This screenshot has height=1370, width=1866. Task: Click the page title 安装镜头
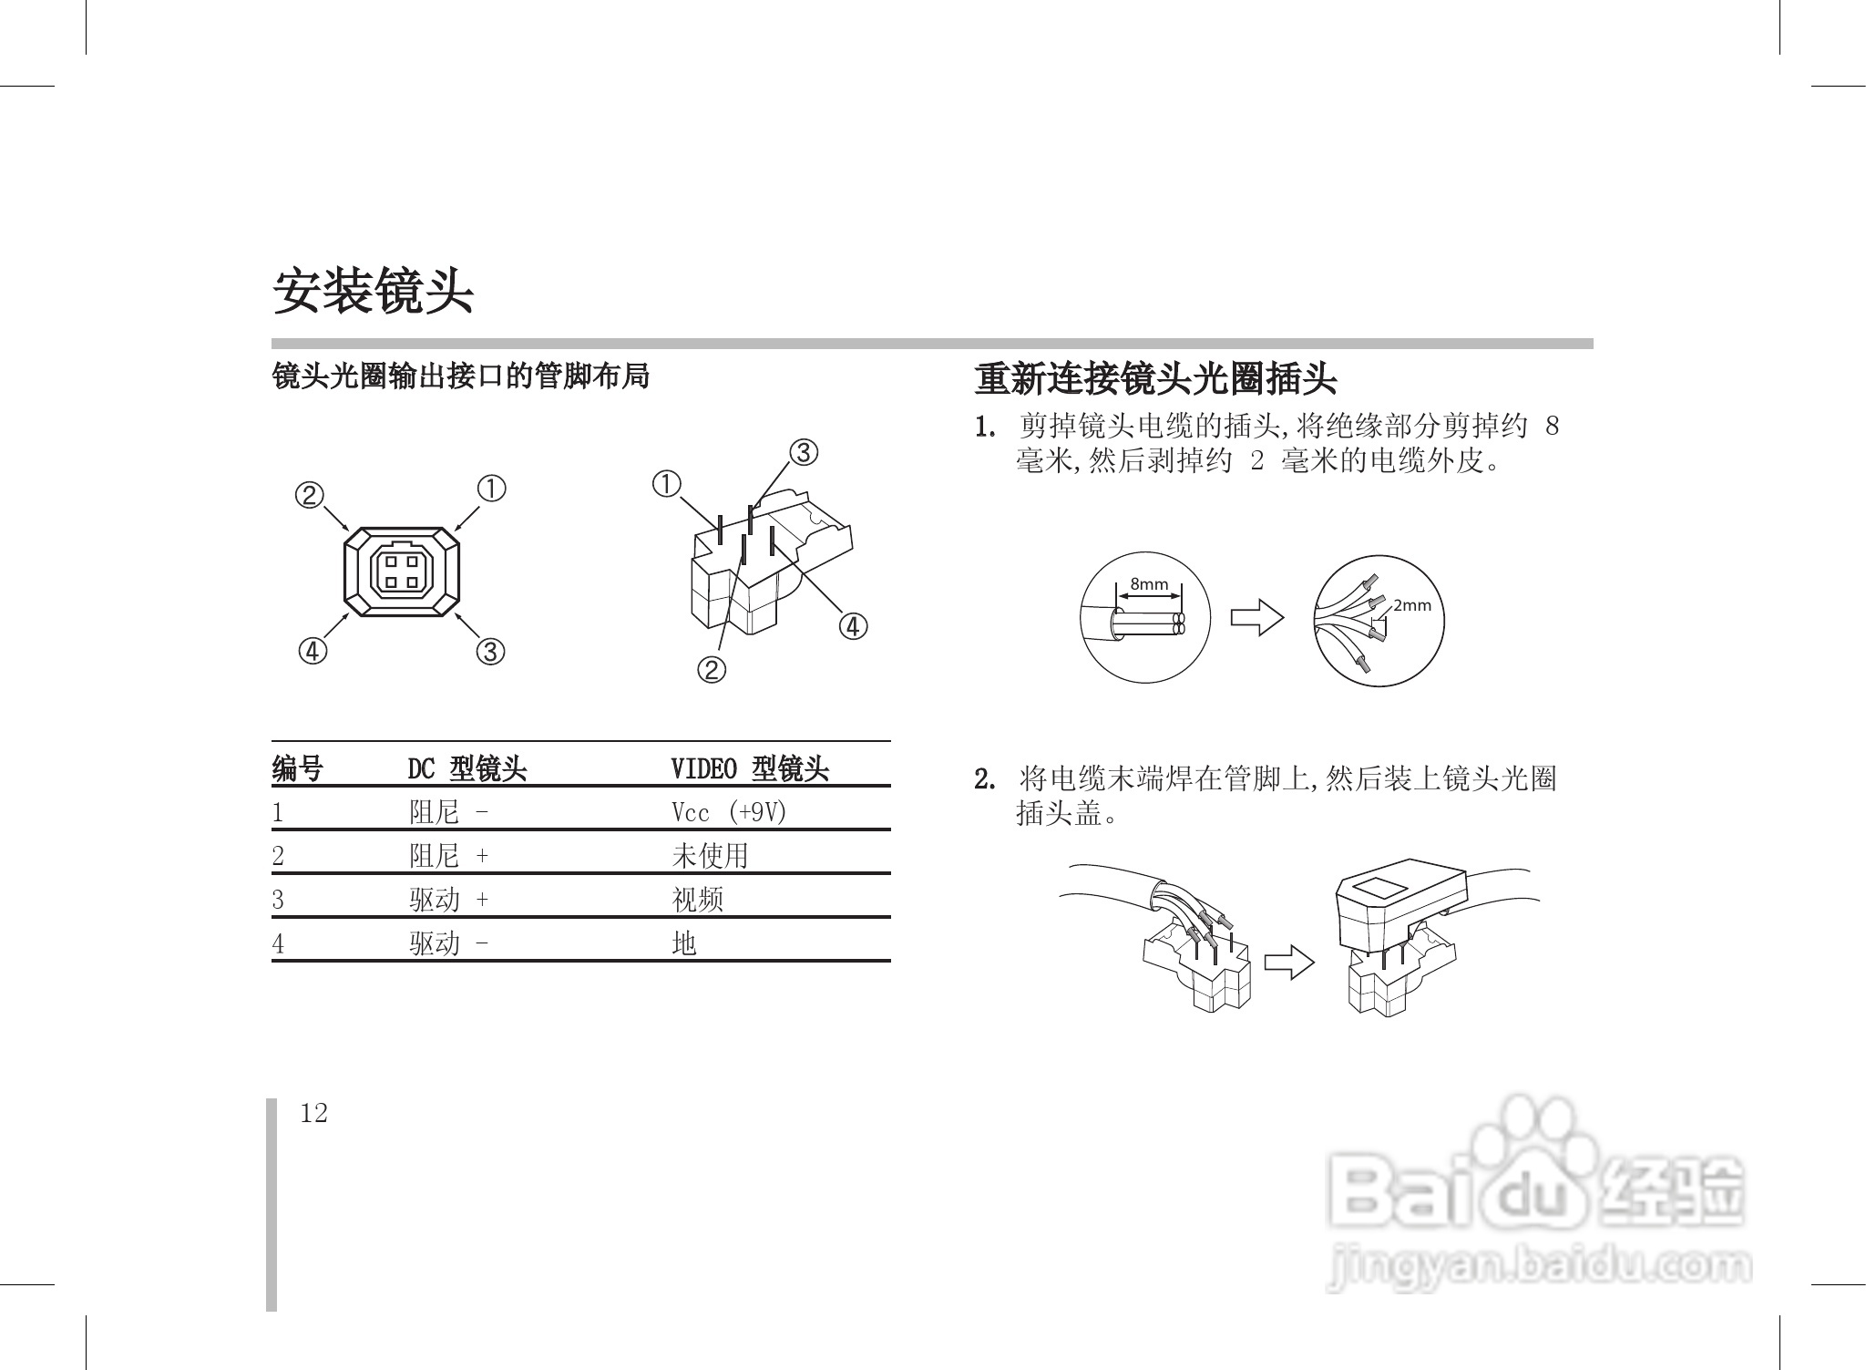(374, 292)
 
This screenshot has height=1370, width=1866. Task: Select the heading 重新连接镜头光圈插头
(1154, 379)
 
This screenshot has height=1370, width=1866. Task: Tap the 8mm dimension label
(1148, 583)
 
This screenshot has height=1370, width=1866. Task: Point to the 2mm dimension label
(1412, 605)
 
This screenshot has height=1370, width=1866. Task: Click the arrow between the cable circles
(1257, 617)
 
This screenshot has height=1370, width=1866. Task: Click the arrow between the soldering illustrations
(1290, 963)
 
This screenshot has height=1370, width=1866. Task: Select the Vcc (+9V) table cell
(728, 812)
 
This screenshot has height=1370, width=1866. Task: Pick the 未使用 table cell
(710, 855)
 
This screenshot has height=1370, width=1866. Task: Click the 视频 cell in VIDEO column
(697, 900)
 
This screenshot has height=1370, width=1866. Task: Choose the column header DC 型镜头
(466, 769)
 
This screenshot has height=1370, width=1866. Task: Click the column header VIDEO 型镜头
(749, 769)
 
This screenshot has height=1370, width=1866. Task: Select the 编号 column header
(297, 769)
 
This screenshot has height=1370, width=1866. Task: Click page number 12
(313, 1113)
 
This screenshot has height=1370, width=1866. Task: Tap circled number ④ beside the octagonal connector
(312, 651)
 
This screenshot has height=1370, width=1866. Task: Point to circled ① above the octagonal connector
(492, 489)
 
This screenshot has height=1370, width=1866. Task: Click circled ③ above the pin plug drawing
(803, 452)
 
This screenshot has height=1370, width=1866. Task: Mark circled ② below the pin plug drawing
(712, 670)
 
